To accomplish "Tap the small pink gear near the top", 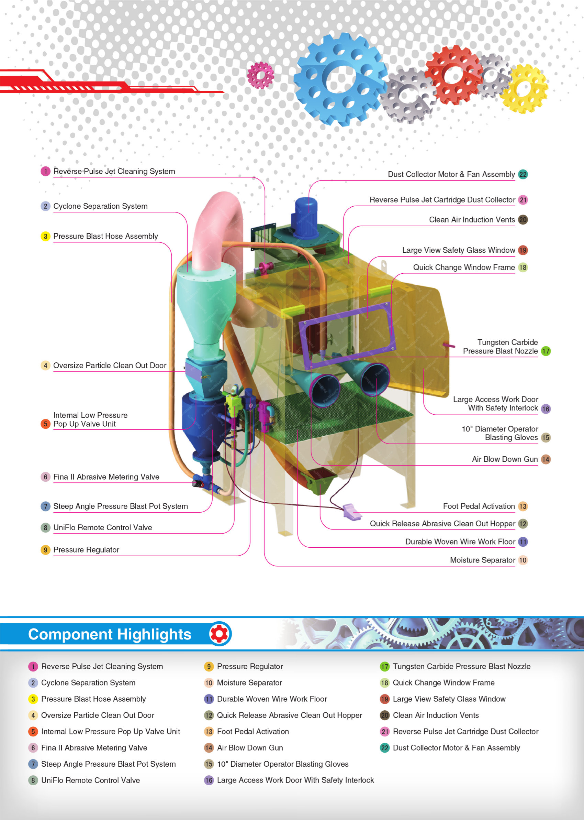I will tap(260, 75).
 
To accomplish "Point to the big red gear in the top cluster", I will tap(454, 75).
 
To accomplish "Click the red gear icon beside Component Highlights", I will tap(220, 634).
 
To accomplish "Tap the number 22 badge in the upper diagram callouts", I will tap(523, 175).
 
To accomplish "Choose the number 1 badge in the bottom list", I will tap(33, 666).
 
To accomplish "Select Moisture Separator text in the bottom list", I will tap(249, 682).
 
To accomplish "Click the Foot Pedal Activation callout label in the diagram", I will tap(479, 506).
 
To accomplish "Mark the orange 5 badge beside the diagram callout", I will tap(45, 424).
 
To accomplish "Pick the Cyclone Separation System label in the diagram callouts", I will tap(100, 206).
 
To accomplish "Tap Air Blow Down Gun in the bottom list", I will tap(250, 748).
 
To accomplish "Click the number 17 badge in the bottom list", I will tap(384, 666).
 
